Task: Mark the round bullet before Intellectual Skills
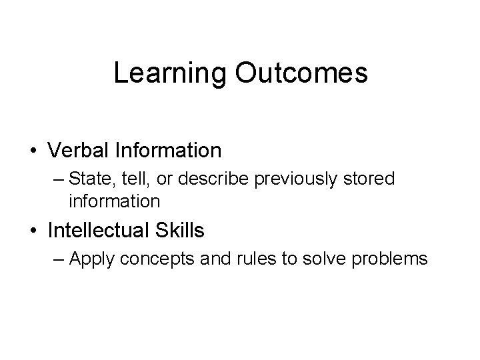[x=33, y=231]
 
